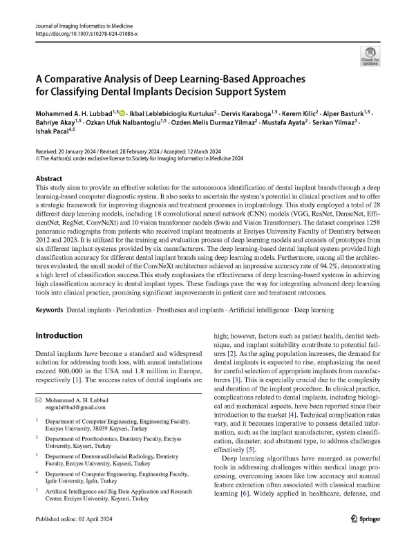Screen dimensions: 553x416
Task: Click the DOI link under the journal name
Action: click(x=84, y=32)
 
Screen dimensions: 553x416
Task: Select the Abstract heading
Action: click(x=50, y=177)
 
